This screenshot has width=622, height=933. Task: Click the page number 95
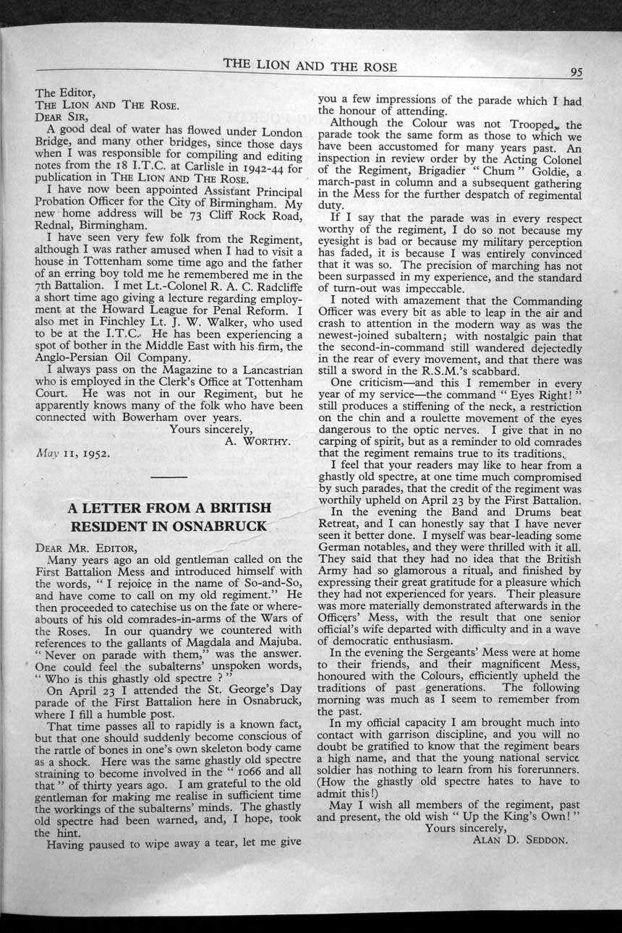click(x=576, y=71)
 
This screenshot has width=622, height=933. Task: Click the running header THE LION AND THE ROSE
click(x=310, y=65)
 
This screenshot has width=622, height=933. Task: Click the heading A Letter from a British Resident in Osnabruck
click(x=169, y=516)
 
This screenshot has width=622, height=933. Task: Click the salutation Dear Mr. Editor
click(x=76, y=547)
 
